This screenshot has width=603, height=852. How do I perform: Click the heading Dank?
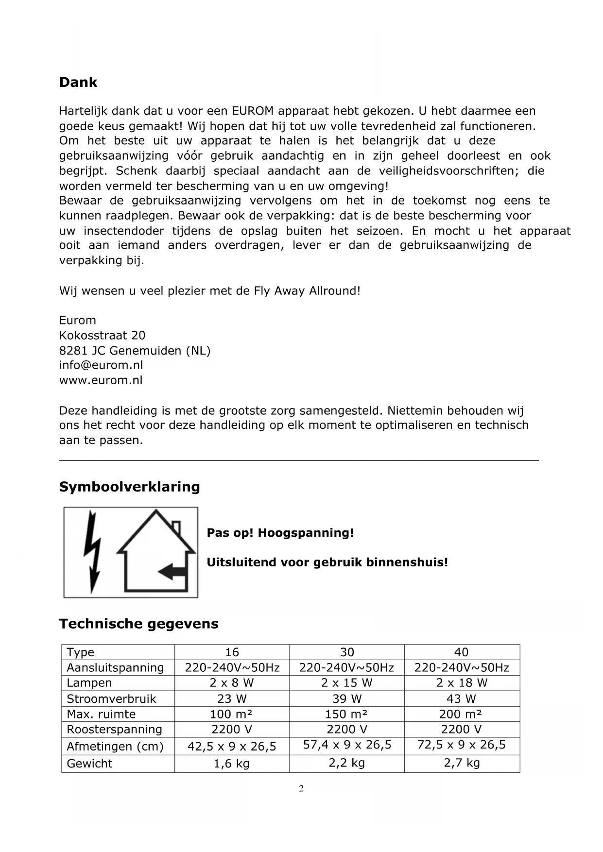click(78, 83)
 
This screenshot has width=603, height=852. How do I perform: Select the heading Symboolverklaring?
click(129, 487)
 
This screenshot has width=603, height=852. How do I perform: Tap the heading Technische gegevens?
click(138, 624)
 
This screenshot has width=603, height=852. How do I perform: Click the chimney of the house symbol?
click(176, 528)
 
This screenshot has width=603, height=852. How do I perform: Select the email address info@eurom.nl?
click(101, 365)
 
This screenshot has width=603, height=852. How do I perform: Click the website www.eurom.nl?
click(101, 380)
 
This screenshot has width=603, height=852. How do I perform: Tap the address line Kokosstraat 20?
click(102, 335)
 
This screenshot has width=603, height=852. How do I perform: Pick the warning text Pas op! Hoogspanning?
click(280, 533)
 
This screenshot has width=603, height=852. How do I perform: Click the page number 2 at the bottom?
click(301, 788)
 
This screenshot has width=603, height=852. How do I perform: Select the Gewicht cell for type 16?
click(232, 764)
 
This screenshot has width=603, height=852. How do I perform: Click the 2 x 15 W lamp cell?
click(346, 683)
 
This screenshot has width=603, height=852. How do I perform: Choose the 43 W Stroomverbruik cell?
click(461, 699)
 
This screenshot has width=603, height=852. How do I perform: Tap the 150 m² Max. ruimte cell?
click(346, 714)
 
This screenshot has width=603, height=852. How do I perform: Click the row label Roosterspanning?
click(114, 730)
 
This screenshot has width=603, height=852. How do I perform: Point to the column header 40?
click(461, 652)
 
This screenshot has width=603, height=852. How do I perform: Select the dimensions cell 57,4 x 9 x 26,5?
click(347, 745)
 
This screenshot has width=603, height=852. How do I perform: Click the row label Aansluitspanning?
click(115, 668)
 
